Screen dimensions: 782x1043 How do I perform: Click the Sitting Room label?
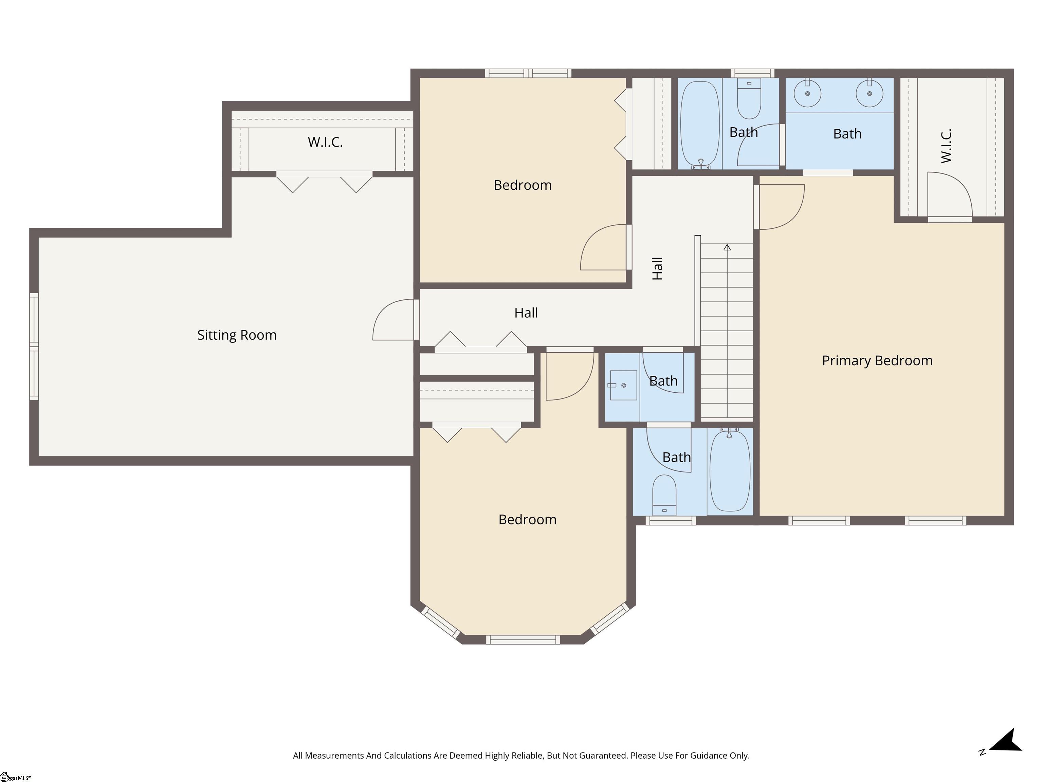click(237, 335)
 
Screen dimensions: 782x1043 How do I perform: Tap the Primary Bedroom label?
click(877, 360)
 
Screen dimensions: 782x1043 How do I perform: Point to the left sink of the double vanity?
click(807, 93)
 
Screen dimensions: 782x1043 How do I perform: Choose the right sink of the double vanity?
click(869, 93)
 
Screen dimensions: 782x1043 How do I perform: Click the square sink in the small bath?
click(623, 385)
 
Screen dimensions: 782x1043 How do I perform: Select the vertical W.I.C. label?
click(946, 146)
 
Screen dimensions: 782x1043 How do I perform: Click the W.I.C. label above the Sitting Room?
click(325, 142)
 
